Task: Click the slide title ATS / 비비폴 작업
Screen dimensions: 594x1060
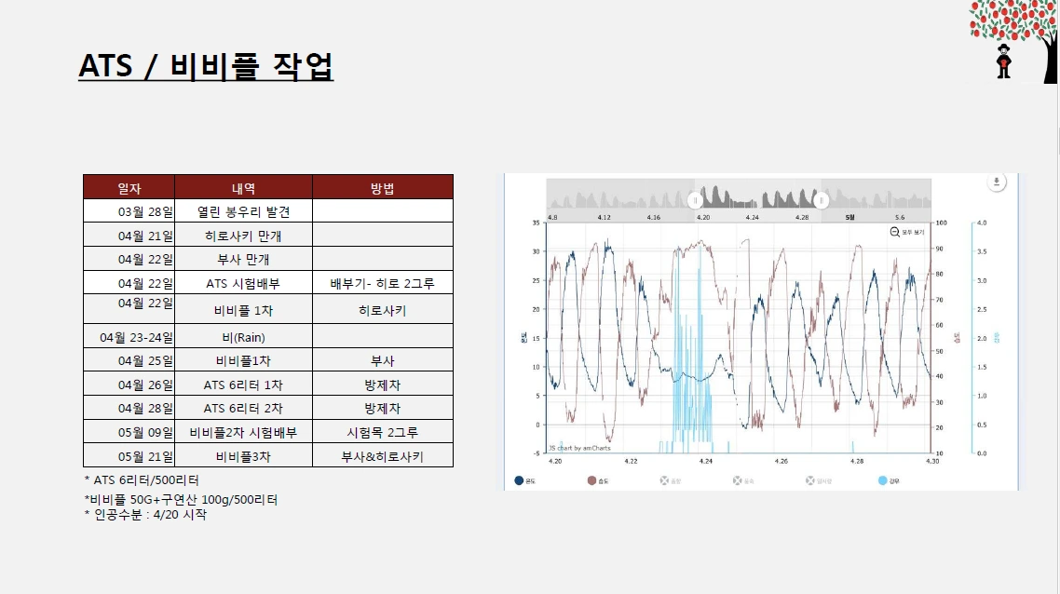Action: [x=206, y=67]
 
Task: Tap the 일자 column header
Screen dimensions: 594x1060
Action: [x=129, y=187]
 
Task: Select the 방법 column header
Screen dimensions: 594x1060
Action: [x=382, y=187]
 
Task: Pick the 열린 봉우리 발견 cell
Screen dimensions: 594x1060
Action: [x=243, y=211]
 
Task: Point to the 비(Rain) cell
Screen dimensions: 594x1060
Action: [x=243, y=337]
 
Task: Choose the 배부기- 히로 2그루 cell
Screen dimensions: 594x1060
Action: [x=382, y=283]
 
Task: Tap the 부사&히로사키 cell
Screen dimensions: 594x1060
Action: [x=382, y=456]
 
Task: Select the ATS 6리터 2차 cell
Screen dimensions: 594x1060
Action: [x=243, y=408]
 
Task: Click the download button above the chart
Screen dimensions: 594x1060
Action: [x=997, y=182]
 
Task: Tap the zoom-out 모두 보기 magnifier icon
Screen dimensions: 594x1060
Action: [x=894, y=231]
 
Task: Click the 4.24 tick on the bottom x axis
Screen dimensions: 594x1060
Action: [x=705, y=461]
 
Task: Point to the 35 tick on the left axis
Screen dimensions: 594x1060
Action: [x=535, y=223]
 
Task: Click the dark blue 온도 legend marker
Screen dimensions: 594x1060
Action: [x=518, y=480]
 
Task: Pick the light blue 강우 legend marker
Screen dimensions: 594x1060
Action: [x=882, y=480]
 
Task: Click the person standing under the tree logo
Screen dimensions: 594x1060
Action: [x=1003, y=61]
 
